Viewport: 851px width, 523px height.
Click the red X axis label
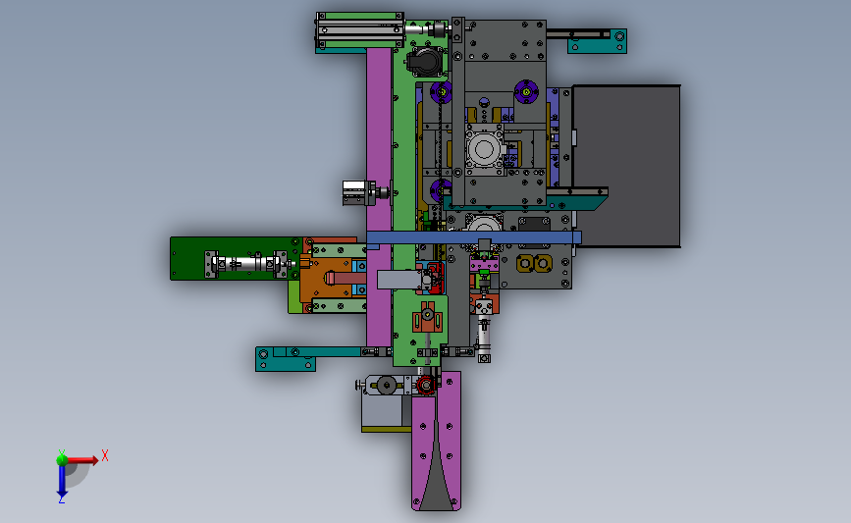(x=105, y=455)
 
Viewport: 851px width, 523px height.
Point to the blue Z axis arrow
(x=62, y=481)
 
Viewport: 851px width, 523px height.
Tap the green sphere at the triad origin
(x=62, y=460)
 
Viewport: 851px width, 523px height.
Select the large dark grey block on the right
(x=627, y=166)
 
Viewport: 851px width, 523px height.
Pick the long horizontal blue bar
(x=473, y=237)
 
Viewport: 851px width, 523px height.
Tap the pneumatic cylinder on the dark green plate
(x=245, y=264)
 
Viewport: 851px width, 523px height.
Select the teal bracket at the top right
(x=597, y=41)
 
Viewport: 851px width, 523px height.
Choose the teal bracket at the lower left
(x=286, y=359)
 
